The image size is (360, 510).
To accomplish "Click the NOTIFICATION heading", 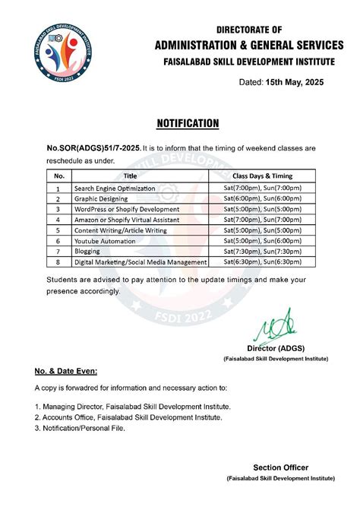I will (x=188, y=123).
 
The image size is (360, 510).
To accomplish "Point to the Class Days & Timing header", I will (x=263, y=176).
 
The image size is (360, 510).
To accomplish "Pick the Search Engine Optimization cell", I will (x=115, y=188).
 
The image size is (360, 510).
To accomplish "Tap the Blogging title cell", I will (x=87, y=251).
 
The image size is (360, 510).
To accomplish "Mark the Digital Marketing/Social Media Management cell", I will (x=141, y=261).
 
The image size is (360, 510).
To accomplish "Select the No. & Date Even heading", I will (x=67, y=372).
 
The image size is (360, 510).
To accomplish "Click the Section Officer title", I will (x=280, y=467).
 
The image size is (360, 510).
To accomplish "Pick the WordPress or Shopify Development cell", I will (x=127, y=209).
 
